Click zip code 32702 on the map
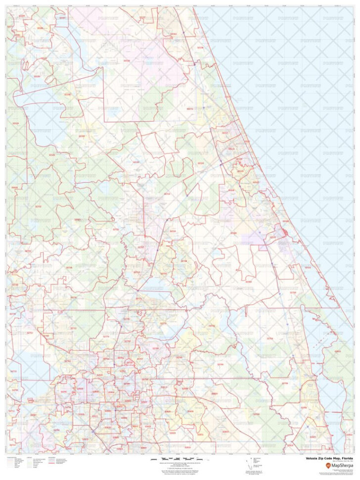coord(38,206)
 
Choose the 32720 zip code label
coord(116,229)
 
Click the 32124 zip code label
coord(200,162)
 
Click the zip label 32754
coord(270,338)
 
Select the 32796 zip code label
coord(284,383)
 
